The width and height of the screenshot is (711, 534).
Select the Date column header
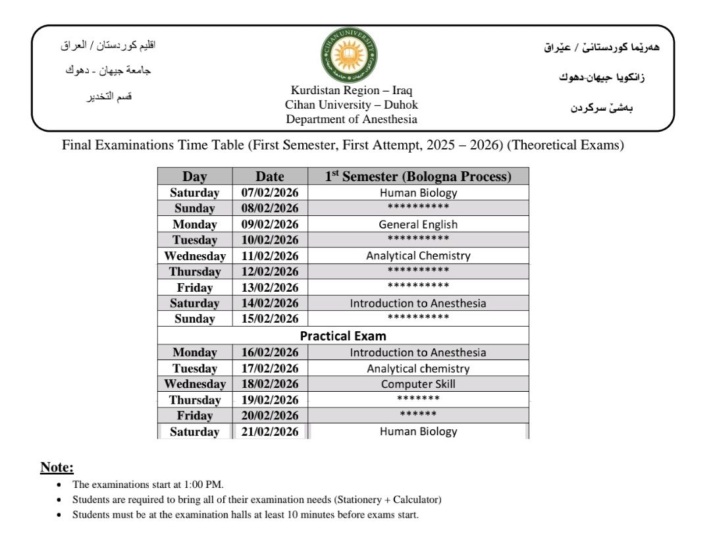click(x=270, y=176)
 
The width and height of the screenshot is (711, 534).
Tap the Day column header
click(x=195, y=176)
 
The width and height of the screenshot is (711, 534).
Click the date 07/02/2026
click(x=270, y=193)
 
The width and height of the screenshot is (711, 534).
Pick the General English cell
click(x=418, y=224)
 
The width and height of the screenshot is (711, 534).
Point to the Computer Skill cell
click(x=418, y=384)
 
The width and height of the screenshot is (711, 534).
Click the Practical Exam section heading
click(x=343, y=336)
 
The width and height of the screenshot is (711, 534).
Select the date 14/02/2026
click(x=270, y=303)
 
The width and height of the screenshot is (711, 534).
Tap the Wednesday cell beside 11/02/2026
click(x=195, y=255)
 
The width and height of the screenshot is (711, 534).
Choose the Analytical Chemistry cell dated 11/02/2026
click(x=418, y=255)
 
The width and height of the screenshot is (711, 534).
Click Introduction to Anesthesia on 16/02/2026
click(x=418, y=352)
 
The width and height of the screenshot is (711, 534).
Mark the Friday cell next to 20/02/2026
click(x=195, y=415)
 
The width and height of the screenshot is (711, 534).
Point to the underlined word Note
click(x=57, y=467)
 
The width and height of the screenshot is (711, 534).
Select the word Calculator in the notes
click(x=411, y=499)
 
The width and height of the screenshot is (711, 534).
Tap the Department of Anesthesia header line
click(x=352, y=119)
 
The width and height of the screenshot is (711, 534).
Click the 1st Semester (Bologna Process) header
click(x=418, y=176)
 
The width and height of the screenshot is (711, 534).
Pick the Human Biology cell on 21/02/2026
click(x=418, y=431)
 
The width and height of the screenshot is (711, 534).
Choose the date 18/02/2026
click(x=270, y=384)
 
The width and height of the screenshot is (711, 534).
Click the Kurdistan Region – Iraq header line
click(x=352, y=90)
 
